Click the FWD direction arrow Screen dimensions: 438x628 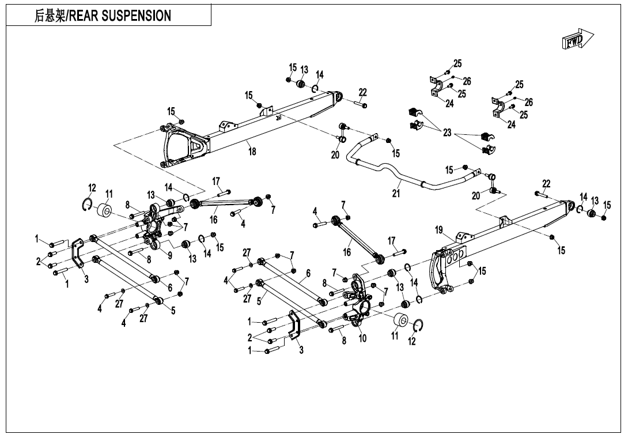pyautogui.click(x=573, y=40)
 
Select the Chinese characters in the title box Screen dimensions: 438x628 pyautogui.click(x=50, y=16)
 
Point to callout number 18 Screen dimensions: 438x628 pyautogui.click(x=252, y=152)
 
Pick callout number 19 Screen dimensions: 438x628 pyautogui.click(x=440, y=231)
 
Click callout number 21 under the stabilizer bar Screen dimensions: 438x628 pyautogui.click(x=396, y=194)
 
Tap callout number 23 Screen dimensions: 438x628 pyautogui.click(x=447, y=133)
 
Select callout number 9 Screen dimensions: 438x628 pyautogui.click(x=169, y=254)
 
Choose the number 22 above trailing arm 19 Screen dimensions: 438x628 pyautogui.click(x=546, y=184)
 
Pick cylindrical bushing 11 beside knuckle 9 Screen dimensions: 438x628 pyautogui.click(x=105, y=211)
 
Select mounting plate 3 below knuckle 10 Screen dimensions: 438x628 pyautogui.click(x=294, y=327)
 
